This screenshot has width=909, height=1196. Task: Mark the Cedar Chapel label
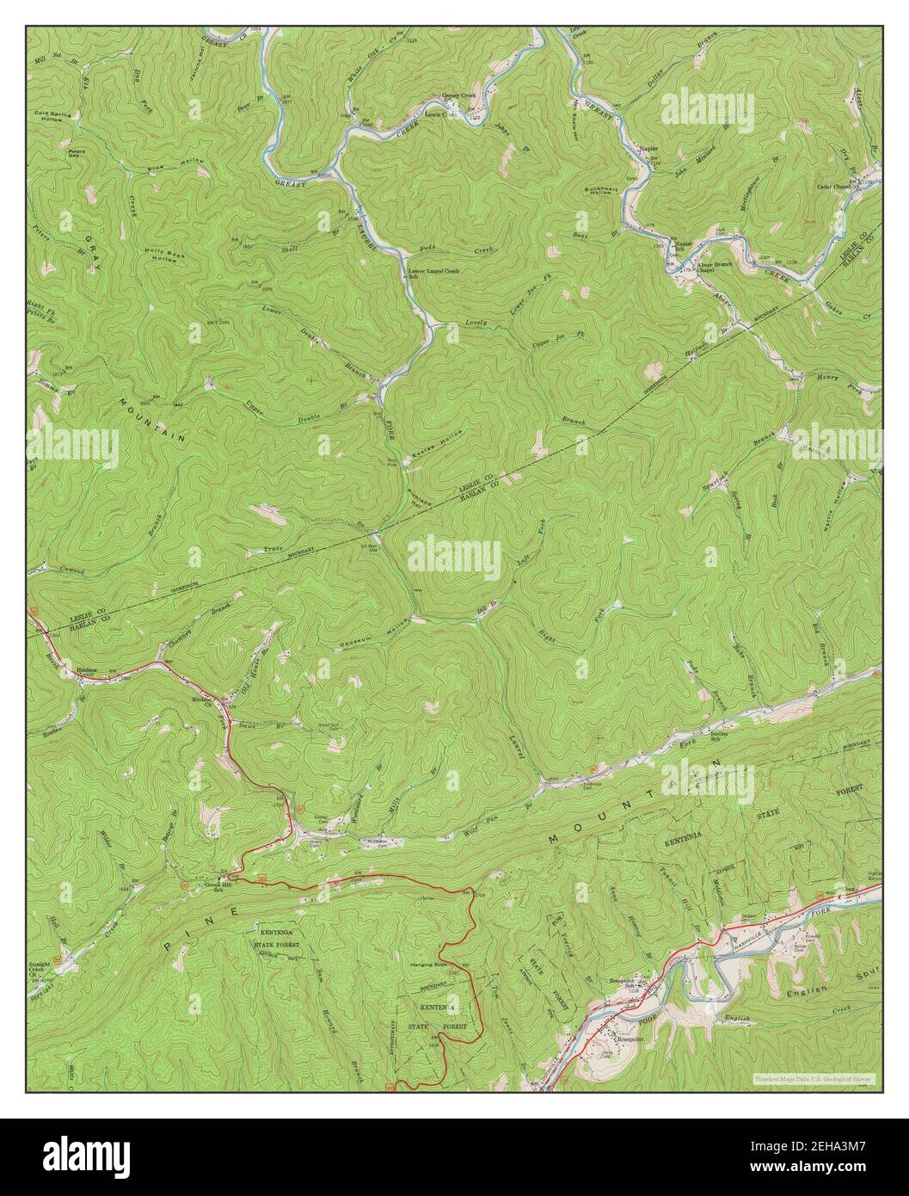[834, 187]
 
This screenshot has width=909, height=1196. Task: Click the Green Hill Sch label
[215, 888]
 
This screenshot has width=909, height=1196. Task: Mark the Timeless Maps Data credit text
[814, 1078]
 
